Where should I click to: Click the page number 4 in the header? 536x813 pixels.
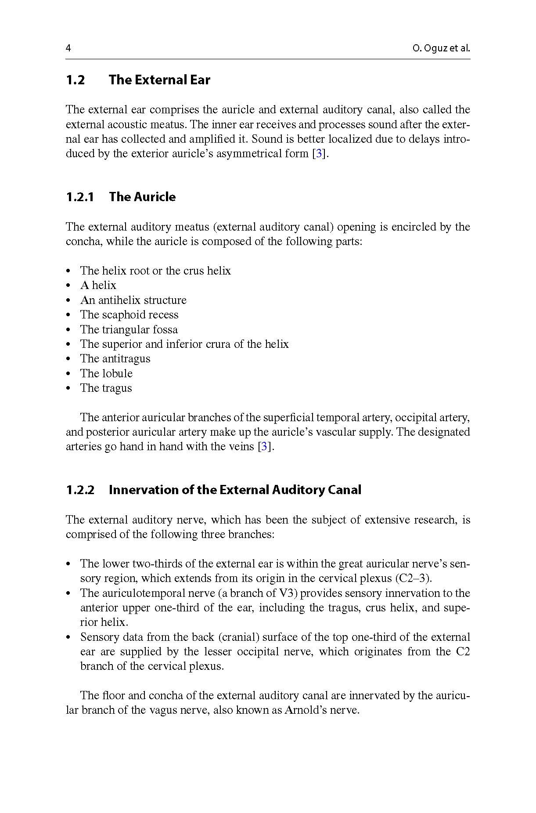[x=68, y=48]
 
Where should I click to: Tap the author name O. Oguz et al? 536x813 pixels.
[x=441, y=48]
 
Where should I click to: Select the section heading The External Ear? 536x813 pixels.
[x=159, y=80]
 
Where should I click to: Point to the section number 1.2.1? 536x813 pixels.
[x=80, y=197]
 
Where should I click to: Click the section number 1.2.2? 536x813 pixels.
[x=80, y=490]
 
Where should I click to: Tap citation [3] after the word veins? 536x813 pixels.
[x=263, y=447]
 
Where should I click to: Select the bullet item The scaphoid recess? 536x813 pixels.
[x=129, y=315]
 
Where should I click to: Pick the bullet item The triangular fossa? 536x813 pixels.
[x=129, y=329]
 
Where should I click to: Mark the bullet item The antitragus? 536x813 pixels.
[x=115, y=359]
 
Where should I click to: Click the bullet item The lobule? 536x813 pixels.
[x=106, y=373]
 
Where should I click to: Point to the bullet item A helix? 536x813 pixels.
[x=98, y=285]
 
